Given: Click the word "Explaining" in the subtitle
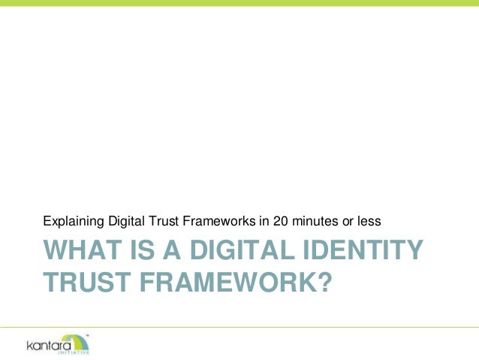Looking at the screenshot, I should coord(72,222).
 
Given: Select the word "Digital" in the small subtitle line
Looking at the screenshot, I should coord(124,222).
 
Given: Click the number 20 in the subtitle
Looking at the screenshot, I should coord(279,222).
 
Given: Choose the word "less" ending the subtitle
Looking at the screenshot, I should coord(369,222).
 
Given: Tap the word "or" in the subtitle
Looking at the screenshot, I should coord(346,222).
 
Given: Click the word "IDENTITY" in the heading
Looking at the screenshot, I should coord(355,251).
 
